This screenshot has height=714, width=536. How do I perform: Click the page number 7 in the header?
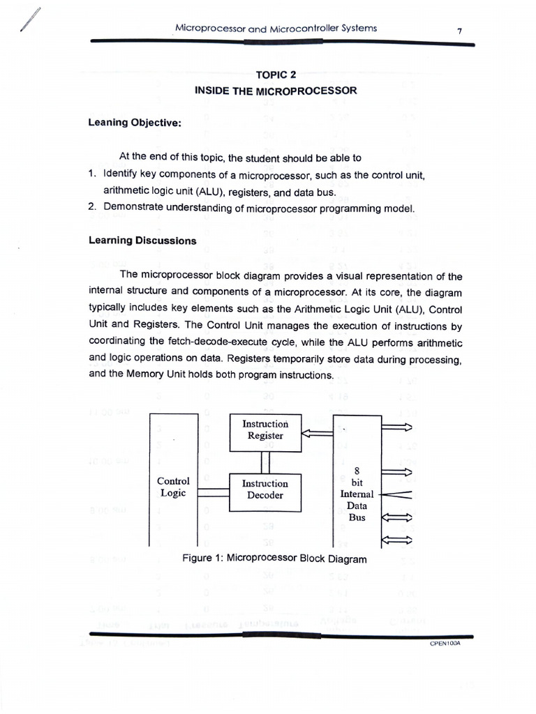coord(459,31)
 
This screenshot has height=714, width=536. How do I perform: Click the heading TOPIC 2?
coord(276,75)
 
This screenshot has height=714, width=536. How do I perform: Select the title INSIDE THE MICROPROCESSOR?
coord(276,91)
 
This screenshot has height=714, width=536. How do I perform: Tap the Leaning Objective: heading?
coord(135,122)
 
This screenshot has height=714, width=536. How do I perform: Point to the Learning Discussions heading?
coord(142,241)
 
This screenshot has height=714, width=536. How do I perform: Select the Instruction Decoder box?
coord(265,490)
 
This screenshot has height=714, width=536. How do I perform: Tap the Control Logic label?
coord(173,487)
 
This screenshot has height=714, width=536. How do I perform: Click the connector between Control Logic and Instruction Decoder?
coord(214,492)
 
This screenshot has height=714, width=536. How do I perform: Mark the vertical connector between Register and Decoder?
coord(265,462)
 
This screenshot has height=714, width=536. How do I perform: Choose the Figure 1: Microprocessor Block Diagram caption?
coord(274,558)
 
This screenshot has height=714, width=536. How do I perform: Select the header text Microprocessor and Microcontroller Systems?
coord(276,29)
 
